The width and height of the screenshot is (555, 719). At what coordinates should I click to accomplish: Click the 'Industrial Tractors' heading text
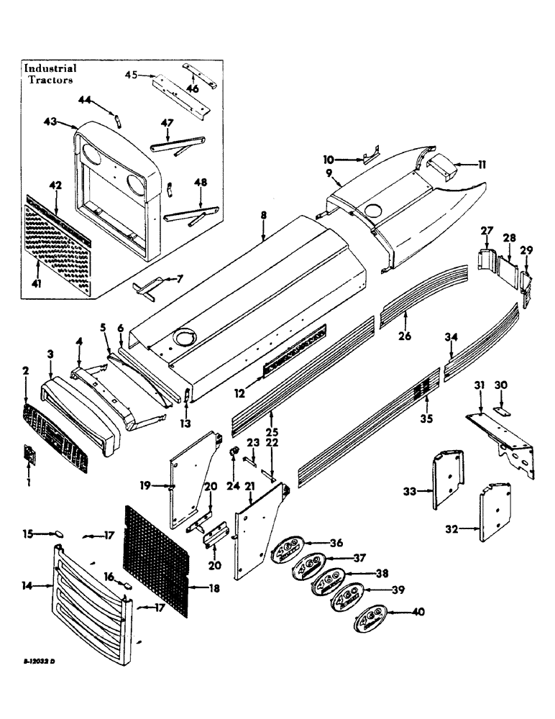50,74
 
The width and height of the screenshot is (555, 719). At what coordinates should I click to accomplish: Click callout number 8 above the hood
264,214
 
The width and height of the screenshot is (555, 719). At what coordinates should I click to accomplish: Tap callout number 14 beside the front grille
27,587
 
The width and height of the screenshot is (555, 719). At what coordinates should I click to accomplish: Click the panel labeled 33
449,480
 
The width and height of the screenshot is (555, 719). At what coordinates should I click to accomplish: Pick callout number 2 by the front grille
27,371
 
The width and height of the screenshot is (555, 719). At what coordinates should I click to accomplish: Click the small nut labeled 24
234,452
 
